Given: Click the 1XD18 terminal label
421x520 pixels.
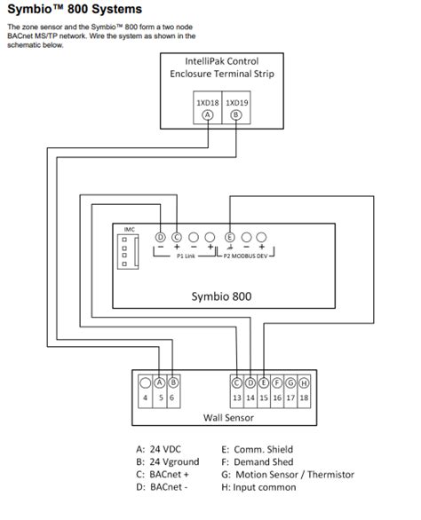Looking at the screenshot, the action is [208, 103].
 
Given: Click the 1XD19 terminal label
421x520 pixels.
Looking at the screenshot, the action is [237, 103].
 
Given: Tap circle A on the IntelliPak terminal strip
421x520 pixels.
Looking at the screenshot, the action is [208, 115].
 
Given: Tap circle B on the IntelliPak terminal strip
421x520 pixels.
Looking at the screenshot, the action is [236, 115].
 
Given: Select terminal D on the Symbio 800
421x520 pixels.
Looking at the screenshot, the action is [161, 237].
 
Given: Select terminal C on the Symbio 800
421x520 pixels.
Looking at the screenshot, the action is [177, 237].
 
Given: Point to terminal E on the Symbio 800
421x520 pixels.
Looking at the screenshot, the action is [230, 237].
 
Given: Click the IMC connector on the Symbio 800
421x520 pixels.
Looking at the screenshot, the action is [128, 252].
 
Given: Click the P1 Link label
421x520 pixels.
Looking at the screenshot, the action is [186, 256].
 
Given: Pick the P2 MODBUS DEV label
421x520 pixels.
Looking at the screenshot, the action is [245, 256].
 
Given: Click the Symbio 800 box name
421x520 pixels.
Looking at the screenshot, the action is [221, 296].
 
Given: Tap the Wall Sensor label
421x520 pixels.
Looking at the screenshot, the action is [228, 418].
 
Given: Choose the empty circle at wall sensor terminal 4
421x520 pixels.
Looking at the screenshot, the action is [145, 383].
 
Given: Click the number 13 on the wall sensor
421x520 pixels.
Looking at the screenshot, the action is [237, 398].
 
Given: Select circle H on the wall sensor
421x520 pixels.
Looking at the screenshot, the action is [304, 383].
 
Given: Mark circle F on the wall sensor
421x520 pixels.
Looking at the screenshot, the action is [277, 383].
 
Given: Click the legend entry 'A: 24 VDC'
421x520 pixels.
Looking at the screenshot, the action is [158, 449].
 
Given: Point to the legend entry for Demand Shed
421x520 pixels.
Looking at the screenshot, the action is [258, 462].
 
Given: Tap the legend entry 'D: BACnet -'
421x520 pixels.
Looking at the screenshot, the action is [162, 487].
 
